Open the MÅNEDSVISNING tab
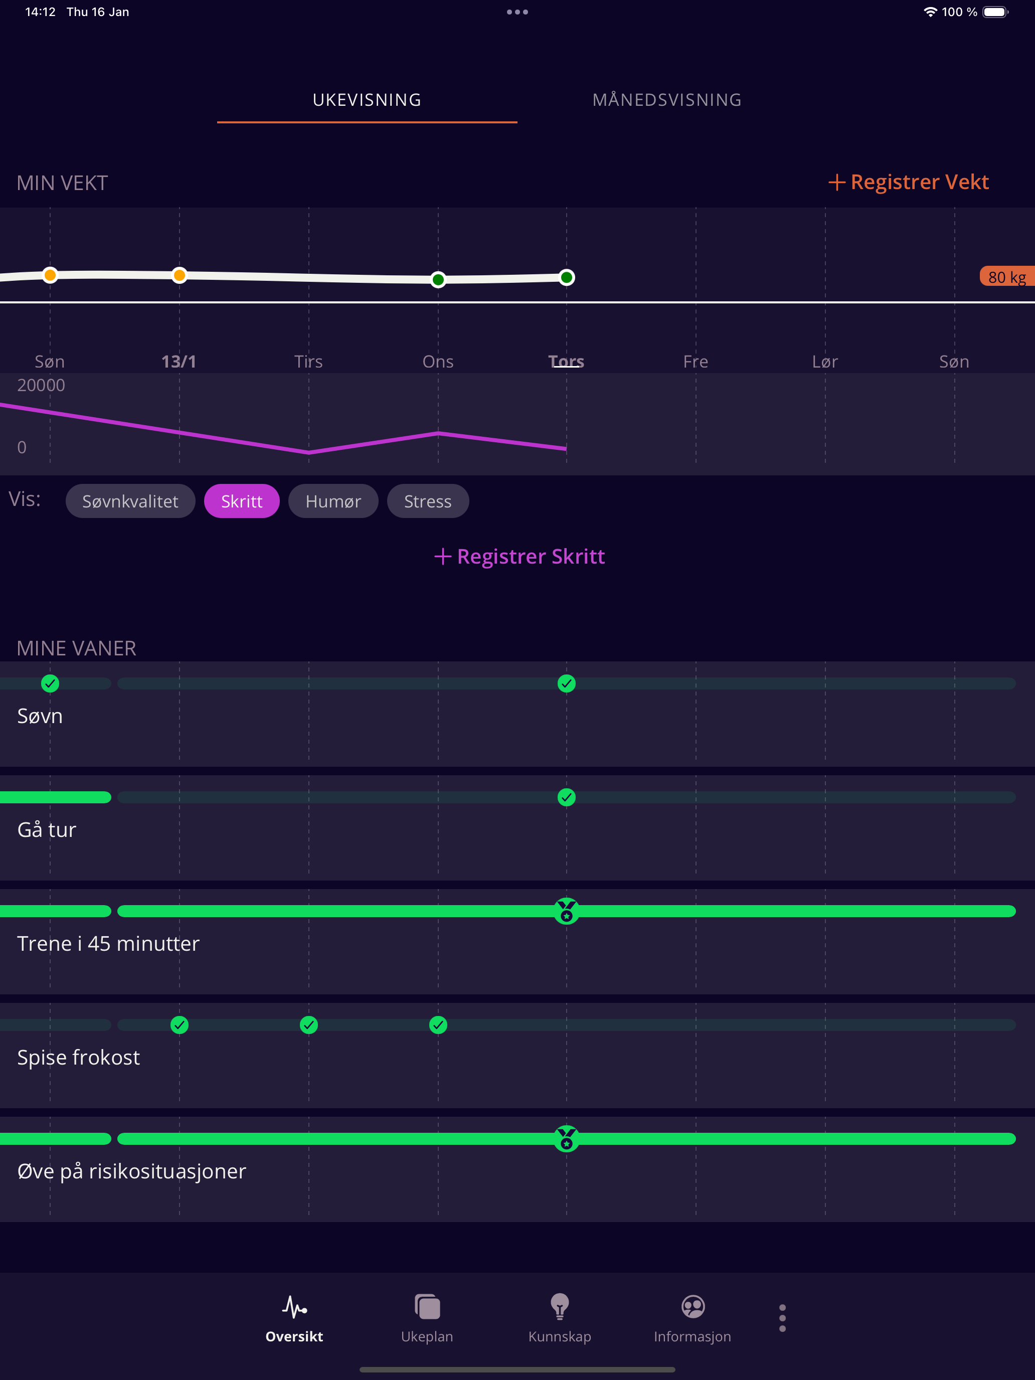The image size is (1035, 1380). (667, 100)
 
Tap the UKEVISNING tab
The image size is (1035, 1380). (367, 100)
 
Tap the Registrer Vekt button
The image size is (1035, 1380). (908, 182)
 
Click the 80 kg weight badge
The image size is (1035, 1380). (1007, 276)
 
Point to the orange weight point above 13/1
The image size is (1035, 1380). (180, 275)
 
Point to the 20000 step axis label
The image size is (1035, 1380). (41, 385)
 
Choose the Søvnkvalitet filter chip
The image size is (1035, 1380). (130, 501)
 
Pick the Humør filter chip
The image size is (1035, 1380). (333, 501)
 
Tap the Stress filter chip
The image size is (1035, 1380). (428, 501)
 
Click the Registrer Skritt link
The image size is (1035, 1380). (520, 557)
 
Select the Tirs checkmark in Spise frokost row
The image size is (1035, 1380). (309, 1025)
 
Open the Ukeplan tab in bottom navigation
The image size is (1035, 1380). (427, 1318)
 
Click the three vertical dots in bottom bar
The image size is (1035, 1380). (782, 1318)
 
